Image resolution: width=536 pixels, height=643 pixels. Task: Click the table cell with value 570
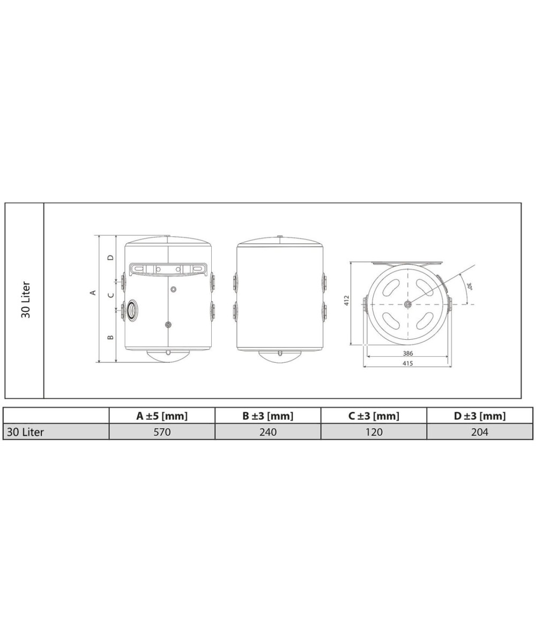[162, 432]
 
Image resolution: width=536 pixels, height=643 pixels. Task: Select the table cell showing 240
[267, 432]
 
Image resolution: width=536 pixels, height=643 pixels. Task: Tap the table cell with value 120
[374, 432]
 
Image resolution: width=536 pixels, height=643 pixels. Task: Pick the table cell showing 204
[480, 432]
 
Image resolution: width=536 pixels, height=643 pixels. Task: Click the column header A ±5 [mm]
[162, 416]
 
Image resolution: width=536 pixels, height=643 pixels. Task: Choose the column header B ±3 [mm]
[267, 416]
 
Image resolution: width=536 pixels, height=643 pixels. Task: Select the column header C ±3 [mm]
[374, 416]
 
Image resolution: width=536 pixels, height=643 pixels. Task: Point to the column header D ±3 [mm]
[480, 416]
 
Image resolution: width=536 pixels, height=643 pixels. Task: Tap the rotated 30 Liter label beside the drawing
[26, 300]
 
